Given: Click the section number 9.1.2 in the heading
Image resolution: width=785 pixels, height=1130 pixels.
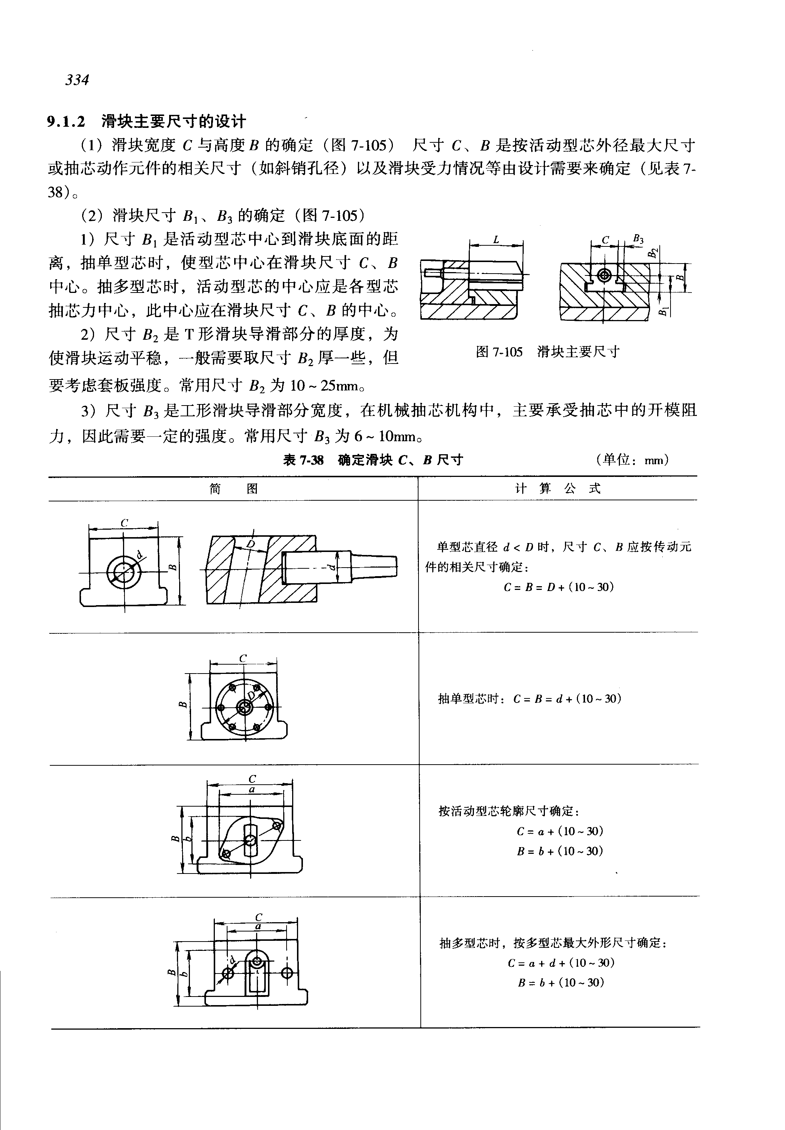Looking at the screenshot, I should coord(67,121).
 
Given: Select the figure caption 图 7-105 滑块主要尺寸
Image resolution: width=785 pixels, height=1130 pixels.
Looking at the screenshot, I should coord(547,352).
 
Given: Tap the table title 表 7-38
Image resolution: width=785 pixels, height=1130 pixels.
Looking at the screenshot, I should coord(303,460).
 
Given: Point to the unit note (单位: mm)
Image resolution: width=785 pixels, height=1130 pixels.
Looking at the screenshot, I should coord(632,460).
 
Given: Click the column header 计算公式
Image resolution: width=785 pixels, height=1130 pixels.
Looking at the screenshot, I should coord(558,488).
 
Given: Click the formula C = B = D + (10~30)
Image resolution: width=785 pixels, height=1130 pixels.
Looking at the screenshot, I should coord(559,587).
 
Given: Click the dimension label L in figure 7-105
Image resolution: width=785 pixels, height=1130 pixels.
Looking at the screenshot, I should coord(496,240).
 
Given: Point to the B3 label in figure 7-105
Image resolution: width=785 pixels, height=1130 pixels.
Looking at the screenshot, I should coord(638,239).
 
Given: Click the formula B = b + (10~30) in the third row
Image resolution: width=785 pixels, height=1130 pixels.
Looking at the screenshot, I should coord(560,852).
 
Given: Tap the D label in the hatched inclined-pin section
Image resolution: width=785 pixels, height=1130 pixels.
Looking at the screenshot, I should coord(251,543).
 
